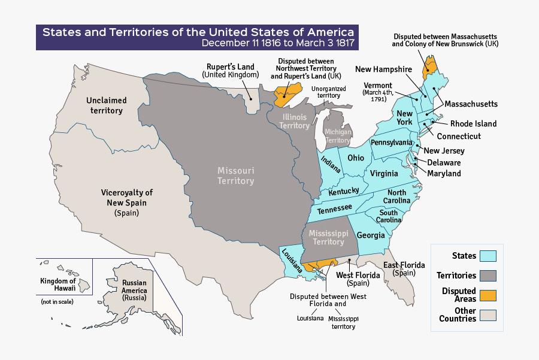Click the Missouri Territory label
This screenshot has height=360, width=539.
pyautogui.click(x=235, y=176)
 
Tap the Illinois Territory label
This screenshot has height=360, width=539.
pyautogui.click(x=294, y=121)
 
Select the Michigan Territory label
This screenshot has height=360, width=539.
pyautogui.click(x=337, y=136)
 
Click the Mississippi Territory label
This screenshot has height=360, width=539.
pyautogui.click(x=328, y=237)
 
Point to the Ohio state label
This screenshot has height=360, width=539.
pyautogui.click(x=356, y=158)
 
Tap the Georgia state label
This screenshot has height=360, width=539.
pyautogui.click(x=371, y=235)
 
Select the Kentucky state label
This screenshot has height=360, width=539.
pyautogui.click(x=344, y=192)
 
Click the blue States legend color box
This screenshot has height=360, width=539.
pyautogui.click(x=488, y=256)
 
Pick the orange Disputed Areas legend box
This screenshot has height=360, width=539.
pyautogui.click(x=488, y=295)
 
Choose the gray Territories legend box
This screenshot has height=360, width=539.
pyautogui.click(x=488, y=275)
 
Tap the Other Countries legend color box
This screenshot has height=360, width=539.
pyautogui.click(x=488, y=314)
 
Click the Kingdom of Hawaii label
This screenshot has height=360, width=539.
pyautogui.click(x=58, y=285)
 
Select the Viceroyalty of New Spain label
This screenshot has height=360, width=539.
pyautogui.click(x=126, y=202)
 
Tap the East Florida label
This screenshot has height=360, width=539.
pyautogui.click(x=404, y=268)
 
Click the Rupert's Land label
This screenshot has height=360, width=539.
pyautogui.click(x=231, y=71)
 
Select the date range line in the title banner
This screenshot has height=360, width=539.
pyautogui.click(x=278, y=44)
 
